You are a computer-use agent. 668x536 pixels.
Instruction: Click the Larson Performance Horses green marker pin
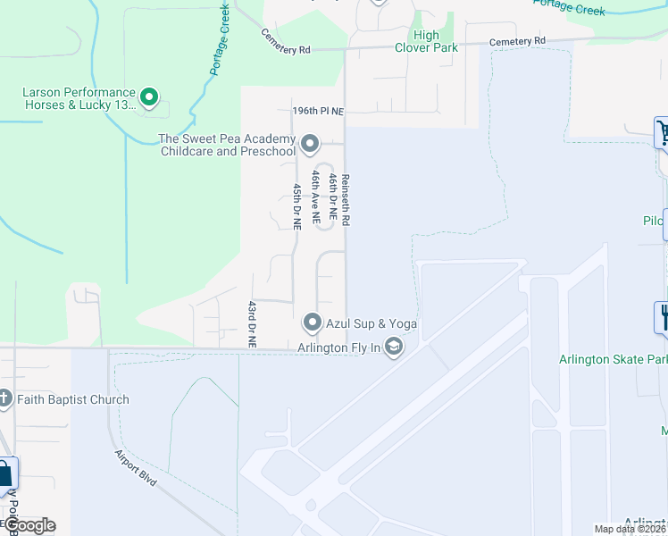[x=149, y=96]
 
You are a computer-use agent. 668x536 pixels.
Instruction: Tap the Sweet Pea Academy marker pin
[x=310, y=142]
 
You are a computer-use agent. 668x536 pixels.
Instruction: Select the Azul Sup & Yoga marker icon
[x=312, y=322]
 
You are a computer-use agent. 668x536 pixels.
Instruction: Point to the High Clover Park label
[x=427, y=41]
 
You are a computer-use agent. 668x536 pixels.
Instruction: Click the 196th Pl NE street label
[x=319, y=110]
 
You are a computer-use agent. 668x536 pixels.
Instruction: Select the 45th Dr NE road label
[x=296, y=206]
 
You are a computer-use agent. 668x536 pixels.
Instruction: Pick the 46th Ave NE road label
[x=314, y=197]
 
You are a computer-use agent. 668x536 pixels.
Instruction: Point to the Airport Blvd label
[x=136, y=467]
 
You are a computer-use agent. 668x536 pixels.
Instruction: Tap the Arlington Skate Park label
[x=613, y=360]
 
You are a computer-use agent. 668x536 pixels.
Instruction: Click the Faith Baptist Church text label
[x=72, y=399]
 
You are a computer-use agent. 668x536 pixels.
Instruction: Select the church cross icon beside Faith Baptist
[x=5, y=398]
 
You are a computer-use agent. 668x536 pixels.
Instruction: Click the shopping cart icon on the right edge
[x=663, y=133]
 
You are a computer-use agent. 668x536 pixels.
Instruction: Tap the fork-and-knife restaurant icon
[x=663, y=316]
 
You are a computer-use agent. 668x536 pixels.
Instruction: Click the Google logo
[x=29, y=525]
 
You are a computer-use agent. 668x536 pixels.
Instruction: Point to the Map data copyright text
[x=630, y=529]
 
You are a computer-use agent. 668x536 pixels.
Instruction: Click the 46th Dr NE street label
[x=331, y=197]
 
